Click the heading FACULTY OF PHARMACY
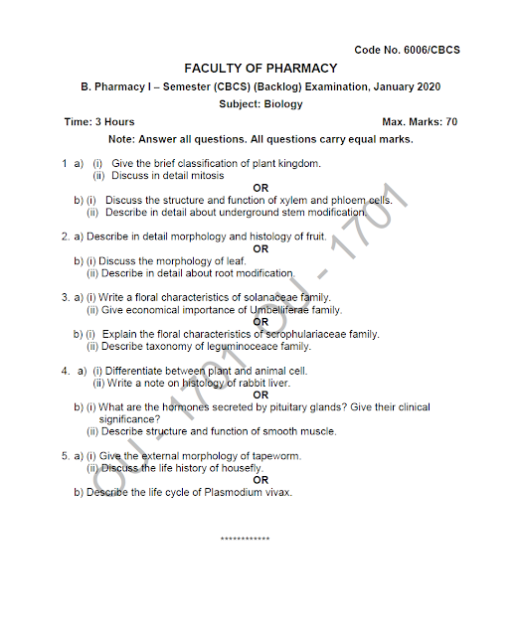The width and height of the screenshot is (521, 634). (x=260, y=69)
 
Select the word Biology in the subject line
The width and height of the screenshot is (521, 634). (x=283, y=103)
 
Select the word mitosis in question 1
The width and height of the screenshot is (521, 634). (x=206, y=175)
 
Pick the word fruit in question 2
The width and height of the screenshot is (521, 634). (x=312, y=237)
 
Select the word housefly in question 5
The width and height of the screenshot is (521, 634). (x=240, y=468)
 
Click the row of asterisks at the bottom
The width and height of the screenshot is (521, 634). (x=245, y=539)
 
